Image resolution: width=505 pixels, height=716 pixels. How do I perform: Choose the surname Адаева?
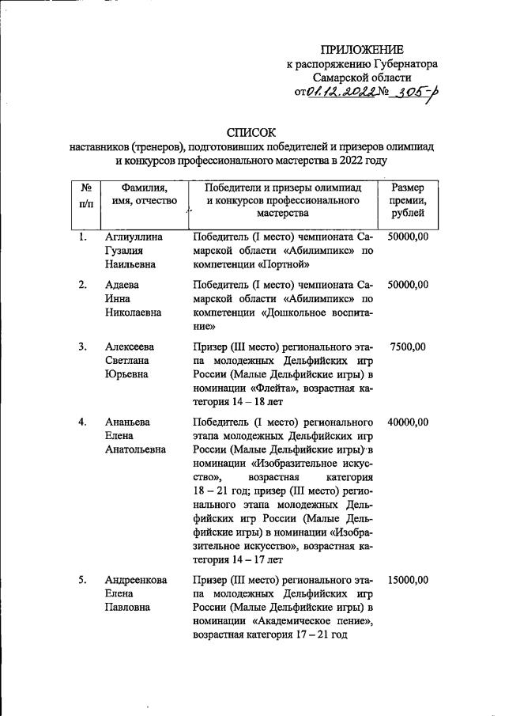coord(122,284)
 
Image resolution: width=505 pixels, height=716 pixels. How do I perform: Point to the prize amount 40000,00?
coord(407,422)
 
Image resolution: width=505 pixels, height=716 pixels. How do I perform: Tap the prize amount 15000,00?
coord(407,580)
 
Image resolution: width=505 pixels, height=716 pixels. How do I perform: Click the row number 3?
coord(82,346)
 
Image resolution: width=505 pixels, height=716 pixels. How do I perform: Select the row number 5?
coord(82,580)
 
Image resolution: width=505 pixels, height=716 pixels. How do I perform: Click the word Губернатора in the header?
coord(406,64)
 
